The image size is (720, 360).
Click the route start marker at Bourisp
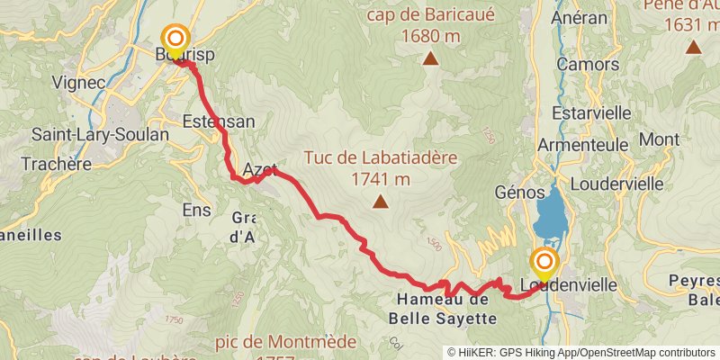pos(173,40)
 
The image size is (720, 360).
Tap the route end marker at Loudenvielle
pos(544,264)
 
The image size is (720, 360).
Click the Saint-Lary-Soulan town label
pos(100,134)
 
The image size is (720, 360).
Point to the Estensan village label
pos(218,121)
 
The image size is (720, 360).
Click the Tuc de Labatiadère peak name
pos(381,157)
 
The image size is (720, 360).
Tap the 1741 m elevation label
pos(381,179)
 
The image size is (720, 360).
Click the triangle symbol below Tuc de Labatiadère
pos(381,202)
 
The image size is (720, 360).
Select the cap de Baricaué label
pos(430,16)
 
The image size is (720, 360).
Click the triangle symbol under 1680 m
pos(431,59)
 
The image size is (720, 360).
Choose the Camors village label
pos(588,64)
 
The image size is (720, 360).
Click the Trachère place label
pos(57,164)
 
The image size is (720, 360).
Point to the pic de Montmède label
pos(285,342)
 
